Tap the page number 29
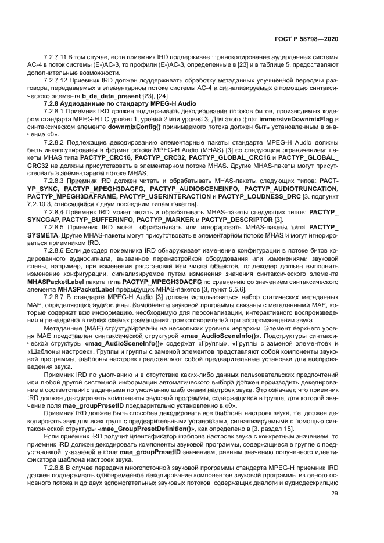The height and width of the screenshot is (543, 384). [334, 494]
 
